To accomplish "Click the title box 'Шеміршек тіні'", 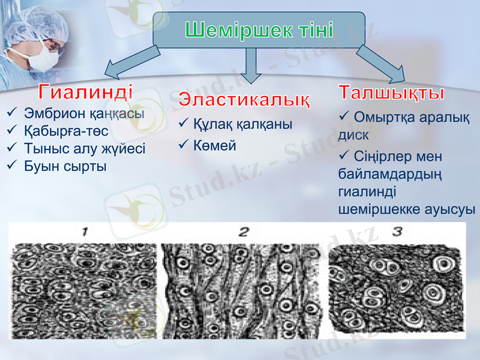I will tap(259, 30).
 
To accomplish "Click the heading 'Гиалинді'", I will tap(86, 92).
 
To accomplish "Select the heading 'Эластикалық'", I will tap(245, 98).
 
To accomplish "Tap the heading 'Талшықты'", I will tap(391, 93).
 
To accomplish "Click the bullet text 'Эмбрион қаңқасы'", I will tap(84, 113).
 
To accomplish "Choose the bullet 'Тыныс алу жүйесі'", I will tap(85, 148).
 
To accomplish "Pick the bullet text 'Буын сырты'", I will tap(65, 166).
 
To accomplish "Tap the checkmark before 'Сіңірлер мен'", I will tap(344, 156).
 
